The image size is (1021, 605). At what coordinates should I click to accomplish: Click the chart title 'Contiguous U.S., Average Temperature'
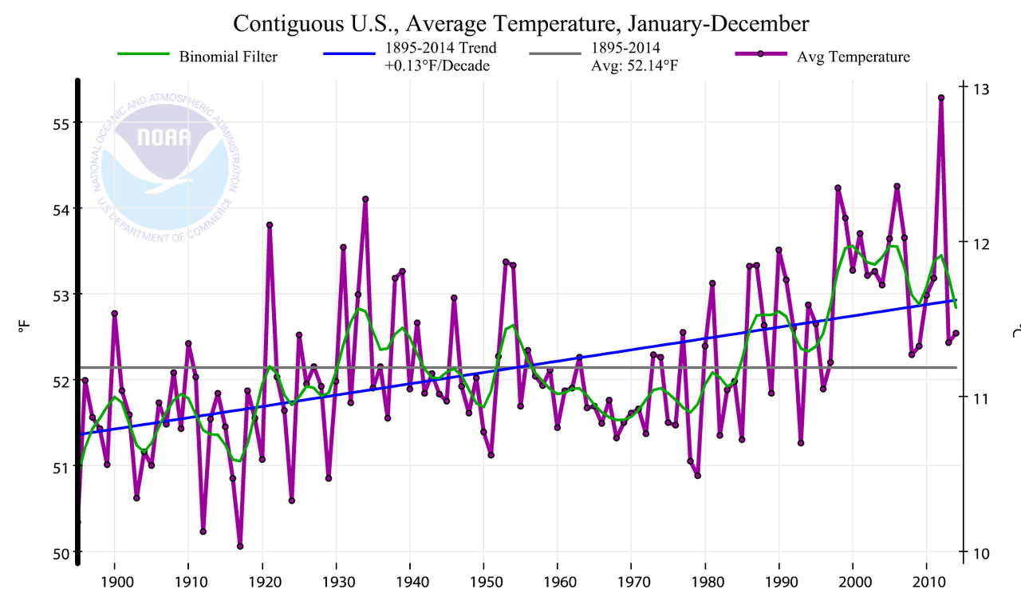[x=521, y=23]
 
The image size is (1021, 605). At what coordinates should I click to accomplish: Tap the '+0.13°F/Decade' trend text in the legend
[x=437, y=65]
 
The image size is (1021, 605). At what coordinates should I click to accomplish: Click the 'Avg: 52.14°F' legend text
[x=629, y=65]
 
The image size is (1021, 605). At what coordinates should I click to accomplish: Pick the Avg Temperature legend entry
[x=853, y=57]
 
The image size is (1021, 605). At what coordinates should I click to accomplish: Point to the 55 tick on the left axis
[x=62, y=123]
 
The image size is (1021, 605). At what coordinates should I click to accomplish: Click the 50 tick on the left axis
[x=62, y=552]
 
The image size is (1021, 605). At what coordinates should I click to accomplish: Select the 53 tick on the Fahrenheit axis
[x=62, y=295]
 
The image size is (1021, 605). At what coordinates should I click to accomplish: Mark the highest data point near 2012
[x=941, y=97]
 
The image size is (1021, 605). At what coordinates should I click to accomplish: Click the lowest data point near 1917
[x=240, y=547]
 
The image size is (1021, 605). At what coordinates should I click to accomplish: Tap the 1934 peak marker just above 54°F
[x=365, y=199]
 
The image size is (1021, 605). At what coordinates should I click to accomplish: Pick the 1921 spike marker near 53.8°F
[x=270, y=225]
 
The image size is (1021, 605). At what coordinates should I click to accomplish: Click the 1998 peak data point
[x=838, y=188]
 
